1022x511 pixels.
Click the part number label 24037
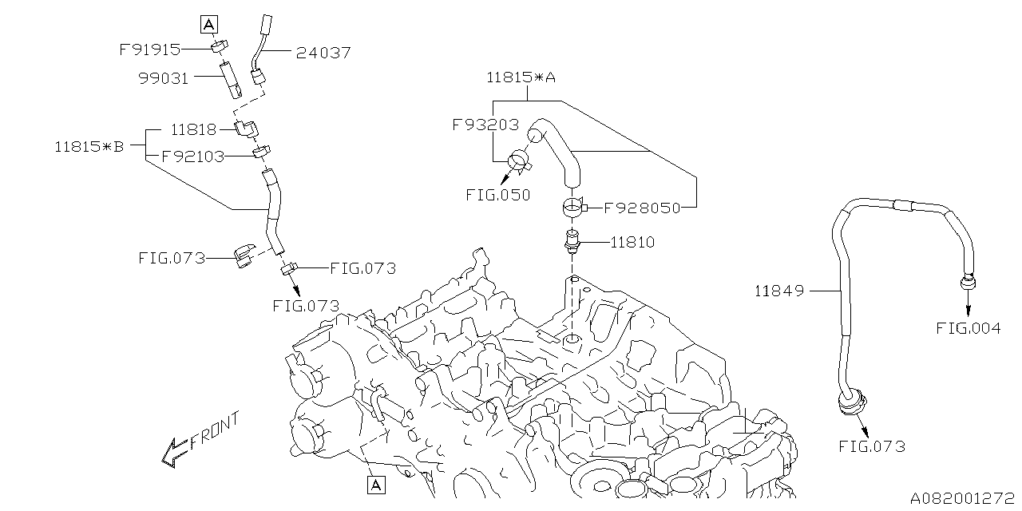(x=323, y=53)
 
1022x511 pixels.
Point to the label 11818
(x=193, y=129)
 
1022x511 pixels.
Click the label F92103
(x=192, y=156)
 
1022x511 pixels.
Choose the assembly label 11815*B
(x=89, y=146)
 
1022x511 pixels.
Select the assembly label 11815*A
(x=521, y=77)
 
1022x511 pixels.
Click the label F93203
(x=485, y=125)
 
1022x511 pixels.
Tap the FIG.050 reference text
(x=498, y=194)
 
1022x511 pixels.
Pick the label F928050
(x=642, y=208)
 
